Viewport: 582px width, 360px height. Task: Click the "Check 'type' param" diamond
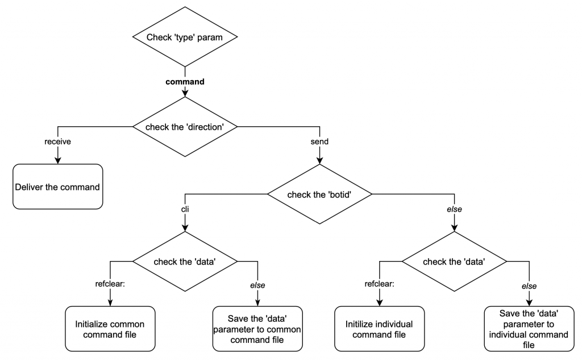click(x=185, y=38)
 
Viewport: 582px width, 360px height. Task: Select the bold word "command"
click(x=185, y=81)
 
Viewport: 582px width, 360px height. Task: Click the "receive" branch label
click(x=57, y=142)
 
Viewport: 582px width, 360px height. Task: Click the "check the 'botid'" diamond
click(x=320, y=195)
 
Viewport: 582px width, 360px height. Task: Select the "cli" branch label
click(x=185, y=209)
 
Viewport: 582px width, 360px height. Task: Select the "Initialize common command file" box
click(x=110, y=329)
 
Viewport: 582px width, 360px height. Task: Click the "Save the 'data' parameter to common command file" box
click(x=257, y=329)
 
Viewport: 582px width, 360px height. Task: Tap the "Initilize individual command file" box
click(x=379, y=329)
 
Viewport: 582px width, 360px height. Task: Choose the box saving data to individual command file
click(x=529, y=329)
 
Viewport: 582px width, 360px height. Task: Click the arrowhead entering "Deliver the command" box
click(x=57, y=160)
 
